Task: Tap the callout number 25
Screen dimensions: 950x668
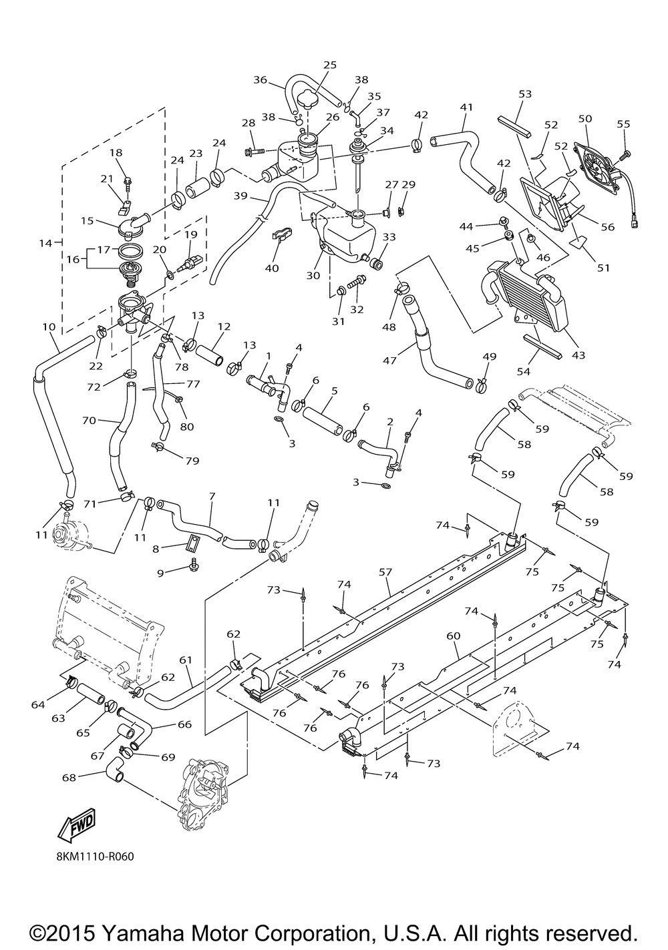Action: click(x=330, y=65)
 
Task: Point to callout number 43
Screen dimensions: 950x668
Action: click(x=578, y=355)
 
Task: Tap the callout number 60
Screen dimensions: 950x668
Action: click(x=454, y=636)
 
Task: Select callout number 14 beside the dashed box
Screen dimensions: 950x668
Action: click(x=45, y=244)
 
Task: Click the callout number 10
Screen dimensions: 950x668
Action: click(x=48, y=327)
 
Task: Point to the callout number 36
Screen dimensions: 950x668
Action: click(x=260, y=80)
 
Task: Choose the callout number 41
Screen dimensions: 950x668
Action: click(x=466, y=107)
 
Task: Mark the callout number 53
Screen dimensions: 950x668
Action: click(x=525, y=94)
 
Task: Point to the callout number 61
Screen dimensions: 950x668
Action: click(x=186, y=660)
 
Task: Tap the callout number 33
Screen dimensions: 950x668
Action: click(x=389, y=237)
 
